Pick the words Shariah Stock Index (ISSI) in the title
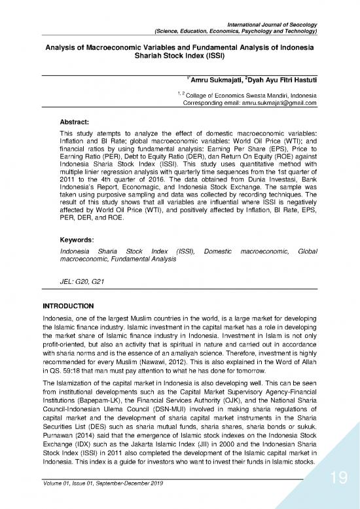click(180, 57)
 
